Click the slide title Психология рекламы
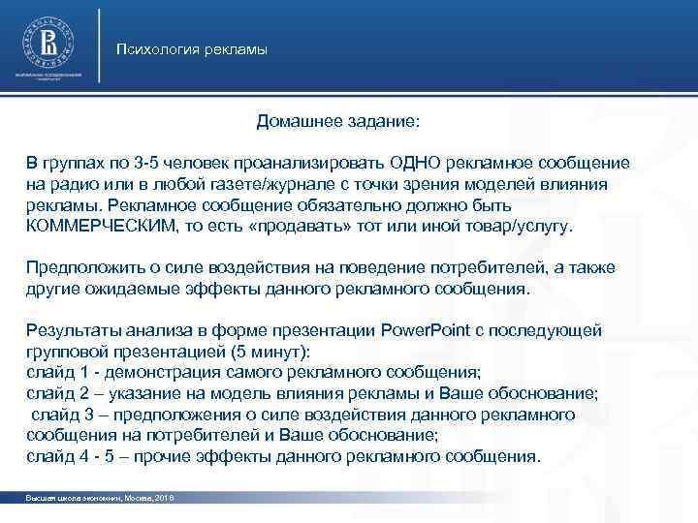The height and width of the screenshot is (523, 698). (x=191, y=49)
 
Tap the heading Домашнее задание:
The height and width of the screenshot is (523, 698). (x=338, y=123)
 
